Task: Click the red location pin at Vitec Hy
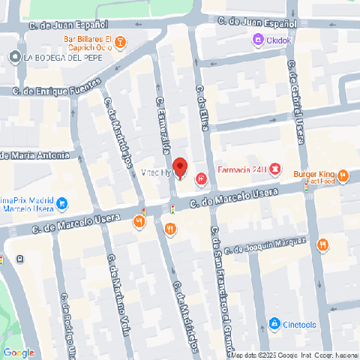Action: (x=179, y=167)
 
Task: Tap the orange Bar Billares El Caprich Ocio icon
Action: (x=121, y=42)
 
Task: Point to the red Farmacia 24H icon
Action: (x=276, y=169)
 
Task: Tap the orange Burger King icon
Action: (x=343, y=176)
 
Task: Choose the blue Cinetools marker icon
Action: (x=274, y=324)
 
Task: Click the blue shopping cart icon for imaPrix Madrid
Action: (x=63, y=203)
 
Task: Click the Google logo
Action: (x=19, y=352)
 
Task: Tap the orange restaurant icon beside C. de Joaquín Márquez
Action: (x=322, y=244)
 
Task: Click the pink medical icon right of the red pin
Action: (x=201, y=178)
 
